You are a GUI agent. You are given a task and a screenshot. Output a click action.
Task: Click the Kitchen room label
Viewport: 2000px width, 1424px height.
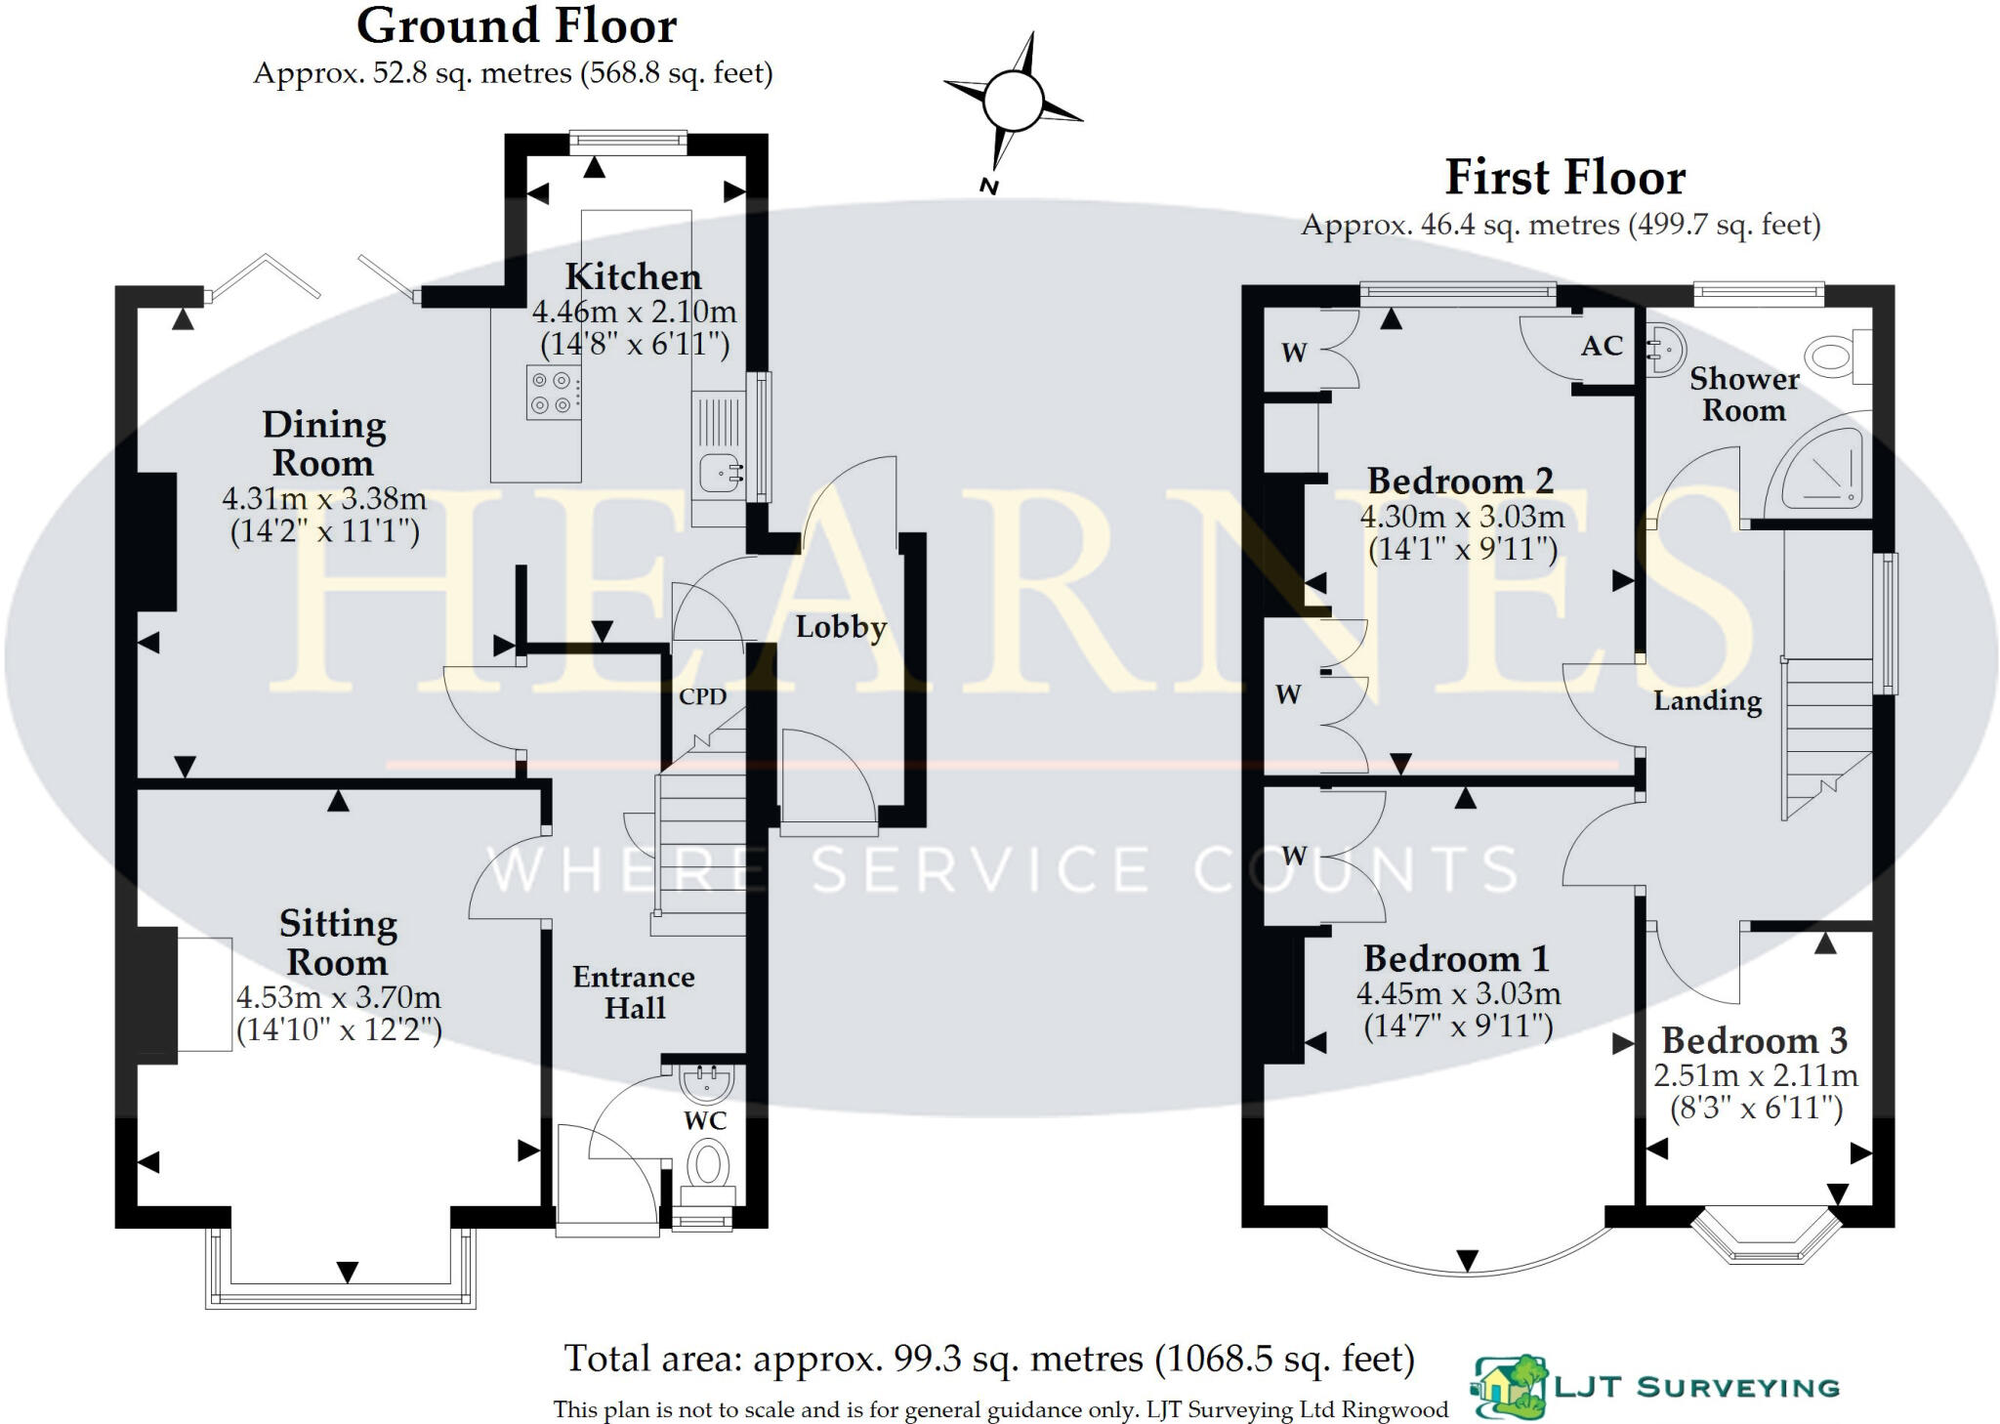click(x=633, y=277)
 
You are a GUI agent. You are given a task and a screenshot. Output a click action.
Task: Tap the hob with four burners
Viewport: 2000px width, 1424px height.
click(x=552, y=392)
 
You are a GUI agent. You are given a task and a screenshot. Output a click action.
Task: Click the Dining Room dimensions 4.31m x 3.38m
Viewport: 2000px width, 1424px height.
click(x=324, y=499)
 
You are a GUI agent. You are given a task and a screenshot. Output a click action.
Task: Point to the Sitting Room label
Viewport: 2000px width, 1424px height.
click(x=338, y=942)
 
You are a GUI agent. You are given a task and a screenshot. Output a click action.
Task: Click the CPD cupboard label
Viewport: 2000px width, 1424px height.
click(x=702, y=696)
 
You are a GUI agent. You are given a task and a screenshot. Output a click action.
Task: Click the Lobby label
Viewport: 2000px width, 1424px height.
click(x=840, y=627)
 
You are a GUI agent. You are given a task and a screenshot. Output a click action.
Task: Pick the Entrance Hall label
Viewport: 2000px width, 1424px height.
click(x=634, y=992)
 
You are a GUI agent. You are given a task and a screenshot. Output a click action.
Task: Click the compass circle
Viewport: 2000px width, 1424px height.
click(x=1013, y=101)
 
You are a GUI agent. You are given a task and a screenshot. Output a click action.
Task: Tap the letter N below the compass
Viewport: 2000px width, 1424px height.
click(x=988, y=186)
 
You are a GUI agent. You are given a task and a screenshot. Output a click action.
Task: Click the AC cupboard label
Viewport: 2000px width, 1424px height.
click(x=1602, y=346)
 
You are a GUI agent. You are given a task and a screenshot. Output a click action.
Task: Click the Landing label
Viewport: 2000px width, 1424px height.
click(x=1707, y=700)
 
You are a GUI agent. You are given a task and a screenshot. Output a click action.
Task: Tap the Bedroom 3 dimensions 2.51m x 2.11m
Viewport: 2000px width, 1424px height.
click(x=1755, y=1076)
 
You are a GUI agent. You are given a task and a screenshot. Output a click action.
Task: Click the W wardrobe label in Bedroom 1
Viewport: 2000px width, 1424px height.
click(x=1294, y=857)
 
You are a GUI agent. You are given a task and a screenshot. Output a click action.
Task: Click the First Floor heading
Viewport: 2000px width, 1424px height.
click(x=1564, y=178)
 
